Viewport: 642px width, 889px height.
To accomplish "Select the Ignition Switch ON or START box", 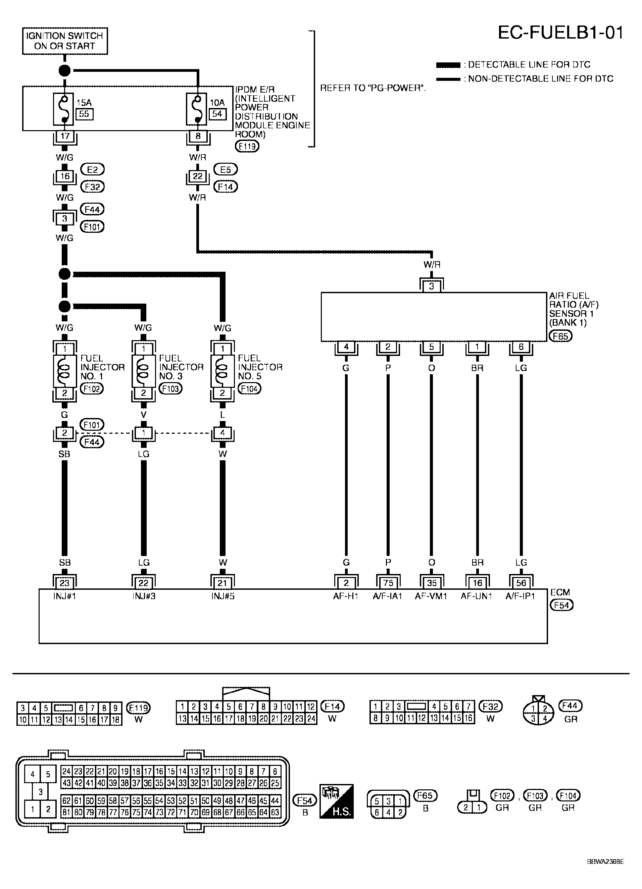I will pyautogui.click(x=65, y=41).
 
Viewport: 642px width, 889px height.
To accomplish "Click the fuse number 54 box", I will pyautogui.click(x=217, y=114).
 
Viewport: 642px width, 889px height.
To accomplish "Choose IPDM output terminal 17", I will pyautogui.click(x=65, y=137).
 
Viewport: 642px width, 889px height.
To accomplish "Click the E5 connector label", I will pyautogui.click(x=226, y=170).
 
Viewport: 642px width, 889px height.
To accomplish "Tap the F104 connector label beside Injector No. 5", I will pyautogui.click(x=249, y=389).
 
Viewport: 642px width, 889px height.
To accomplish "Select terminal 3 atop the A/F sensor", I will pyautogui.click(x=431, y=286).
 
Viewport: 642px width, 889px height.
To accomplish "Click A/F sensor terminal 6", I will pyautogui.click(x=521, y=347).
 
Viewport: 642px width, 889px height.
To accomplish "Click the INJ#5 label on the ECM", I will pyautogui.click(x=223, y=596).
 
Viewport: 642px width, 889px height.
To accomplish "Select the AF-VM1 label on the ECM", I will pyautogui.click(x=431, y=596).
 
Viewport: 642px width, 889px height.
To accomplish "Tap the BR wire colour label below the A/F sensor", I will pyautogui.click(x=477, y=368).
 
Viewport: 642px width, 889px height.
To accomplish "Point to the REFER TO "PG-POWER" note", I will pyautogui.click(x=373, y=88).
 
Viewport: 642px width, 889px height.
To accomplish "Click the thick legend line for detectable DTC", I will pyautogui.click(x=448, y=65).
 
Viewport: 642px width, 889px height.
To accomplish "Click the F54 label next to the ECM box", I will pyautogui.click(x=561, y=605).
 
